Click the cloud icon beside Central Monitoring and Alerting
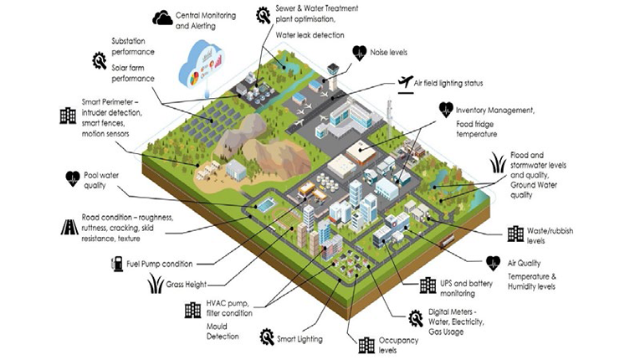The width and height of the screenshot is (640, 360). tap(163, 17)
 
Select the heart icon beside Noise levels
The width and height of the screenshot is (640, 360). tap(360, 52)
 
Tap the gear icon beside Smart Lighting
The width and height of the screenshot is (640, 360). tap(267, 337)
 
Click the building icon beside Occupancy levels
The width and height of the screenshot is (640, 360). tap(366, 344)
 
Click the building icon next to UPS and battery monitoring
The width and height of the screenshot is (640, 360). tap(428, 285)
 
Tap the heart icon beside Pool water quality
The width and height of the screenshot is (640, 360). tap(72, 177)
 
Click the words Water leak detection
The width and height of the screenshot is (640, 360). tap(309, 35)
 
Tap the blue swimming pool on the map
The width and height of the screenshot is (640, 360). tap(265, 205)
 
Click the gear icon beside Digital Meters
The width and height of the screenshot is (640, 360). tap(412, 316)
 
